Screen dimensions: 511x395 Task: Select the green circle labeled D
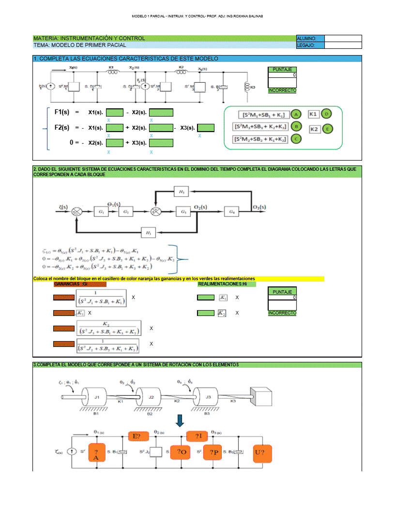(x=327, y=114)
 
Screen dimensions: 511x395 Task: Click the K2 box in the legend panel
(x=314, y=129)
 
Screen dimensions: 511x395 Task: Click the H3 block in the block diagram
(x=181, y=192)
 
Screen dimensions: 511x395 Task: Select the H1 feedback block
(x=148, y=233)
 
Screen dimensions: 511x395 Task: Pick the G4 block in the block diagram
(x=232, y=211)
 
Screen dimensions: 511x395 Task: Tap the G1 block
(x=101, y=212)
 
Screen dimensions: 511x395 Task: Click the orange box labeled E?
(x=137, y=436)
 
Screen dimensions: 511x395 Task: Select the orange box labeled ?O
(x=182, y=452)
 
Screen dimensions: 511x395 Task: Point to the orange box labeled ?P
(x=214, y=452)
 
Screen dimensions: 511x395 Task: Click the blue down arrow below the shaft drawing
(x=180, y=421)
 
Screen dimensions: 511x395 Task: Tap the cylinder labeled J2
(x=151, y=398)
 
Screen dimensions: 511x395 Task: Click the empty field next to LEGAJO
(x=343, y=45)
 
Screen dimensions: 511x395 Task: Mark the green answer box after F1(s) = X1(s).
(x=115, y=112)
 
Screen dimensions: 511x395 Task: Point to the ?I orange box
(x=197, y=436)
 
